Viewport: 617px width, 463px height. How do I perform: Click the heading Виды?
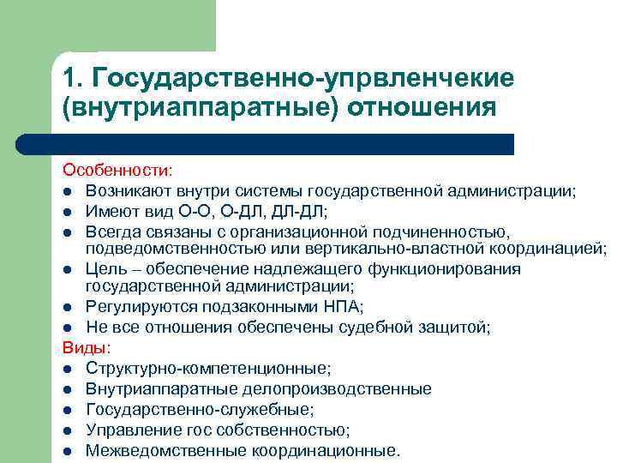[x=81, y=347]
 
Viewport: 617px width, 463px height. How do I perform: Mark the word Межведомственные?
[x=154, y=450]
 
